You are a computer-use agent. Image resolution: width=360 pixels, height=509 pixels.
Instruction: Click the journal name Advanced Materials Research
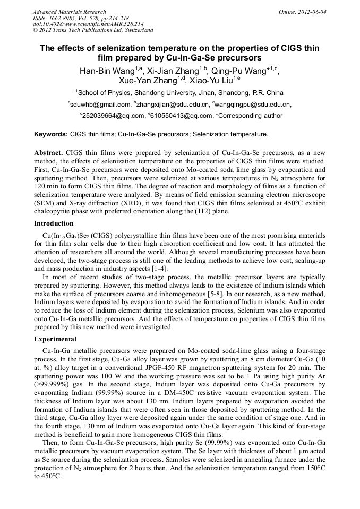[69, 12]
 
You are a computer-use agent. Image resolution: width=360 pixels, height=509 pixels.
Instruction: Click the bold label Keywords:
[51, 135]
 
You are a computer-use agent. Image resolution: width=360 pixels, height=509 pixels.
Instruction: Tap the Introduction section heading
[54, 223]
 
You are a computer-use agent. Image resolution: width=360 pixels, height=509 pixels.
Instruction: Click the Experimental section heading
[55, 339]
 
